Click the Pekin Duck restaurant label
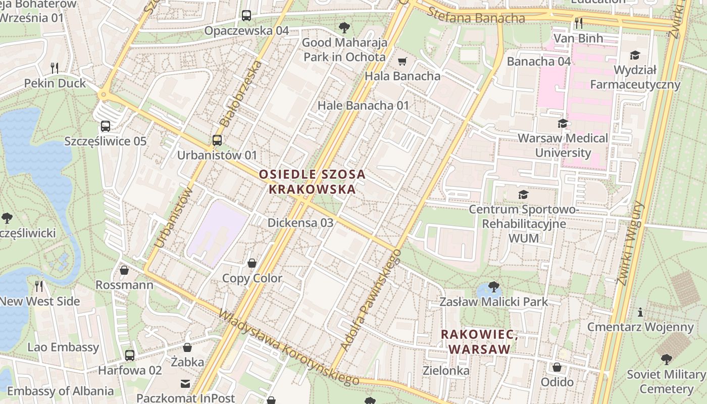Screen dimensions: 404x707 [x=55, y=83]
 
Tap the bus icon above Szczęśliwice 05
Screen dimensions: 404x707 [x=106, y=126]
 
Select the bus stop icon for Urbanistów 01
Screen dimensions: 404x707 [x=217, y=140]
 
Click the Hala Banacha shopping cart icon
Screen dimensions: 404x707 [x=402, y=62]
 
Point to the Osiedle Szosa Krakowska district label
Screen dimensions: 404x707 [x=312, y=182]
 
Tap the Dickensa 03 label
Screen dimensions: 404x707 [x=300, y=223]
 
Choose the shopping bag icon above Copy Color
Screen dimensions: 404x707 [x=252, y=263]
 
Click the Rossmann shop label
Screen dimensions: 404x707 [x=124, y=285]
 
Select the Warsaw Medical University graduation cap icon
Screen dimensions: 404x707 [x=563, y=123]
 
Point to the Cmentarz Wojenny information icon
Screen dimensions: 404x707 [x=640, y=312]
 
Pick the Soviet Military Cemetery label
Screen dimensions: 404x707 [x=666, y=382]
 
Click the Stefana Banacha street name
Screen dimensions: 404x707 [x=476, y=17]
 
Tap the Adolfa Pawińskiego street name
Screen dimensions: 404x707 [x=370, y=300]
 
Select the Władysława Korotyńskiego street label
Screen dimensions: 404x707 [x=288, y=347]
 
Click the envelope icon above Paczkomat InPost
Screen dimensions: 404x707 [x=185, y=384]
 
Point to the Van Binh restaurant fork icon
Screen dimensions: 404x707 [x=579, y=23]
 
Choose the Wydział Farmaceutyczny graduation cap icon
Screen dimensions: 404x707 [x=635, y=55]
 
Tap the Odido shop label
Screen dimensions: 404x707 [x=557, y=382]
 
